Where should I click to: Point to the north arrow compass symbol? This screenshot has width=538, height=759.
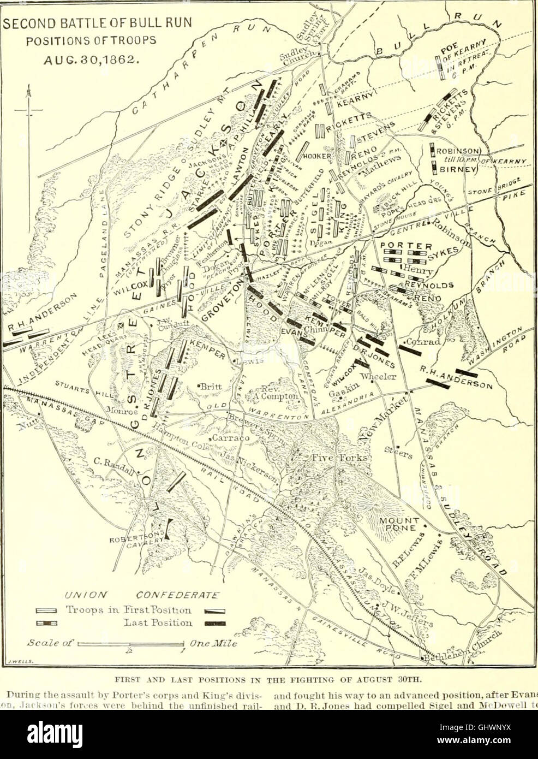28,109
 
